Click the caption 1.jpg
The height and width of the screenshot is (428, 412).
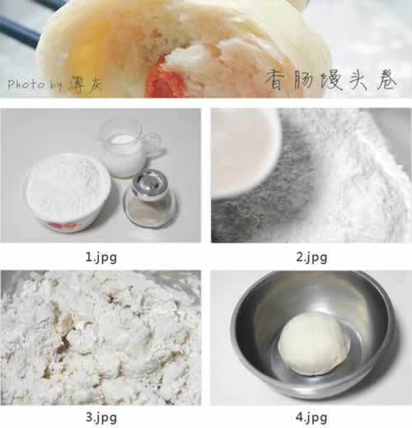click(101, 257)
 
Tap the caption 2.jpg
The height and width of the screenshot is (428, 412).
click(311, 257)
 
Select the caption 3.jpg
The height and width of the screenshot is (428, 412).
click(101, 417)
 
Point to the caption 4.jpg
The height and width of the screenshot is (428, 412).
click(311, 417)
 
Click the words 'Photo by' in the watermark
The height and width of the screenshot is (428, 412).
click(35, 85)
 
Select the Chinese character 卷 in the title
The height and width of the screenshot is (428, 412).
click(386, 80)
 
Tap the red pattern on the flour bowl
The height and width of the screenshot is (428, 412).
click(63, 226)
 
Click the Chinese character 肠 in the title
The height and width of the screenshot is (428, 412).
click(304, 80)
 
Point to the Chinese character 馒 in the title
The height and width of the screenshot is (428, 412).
click(331, 80)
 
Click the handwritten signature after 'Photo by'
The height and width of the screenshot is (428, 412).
click(86, 83)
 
